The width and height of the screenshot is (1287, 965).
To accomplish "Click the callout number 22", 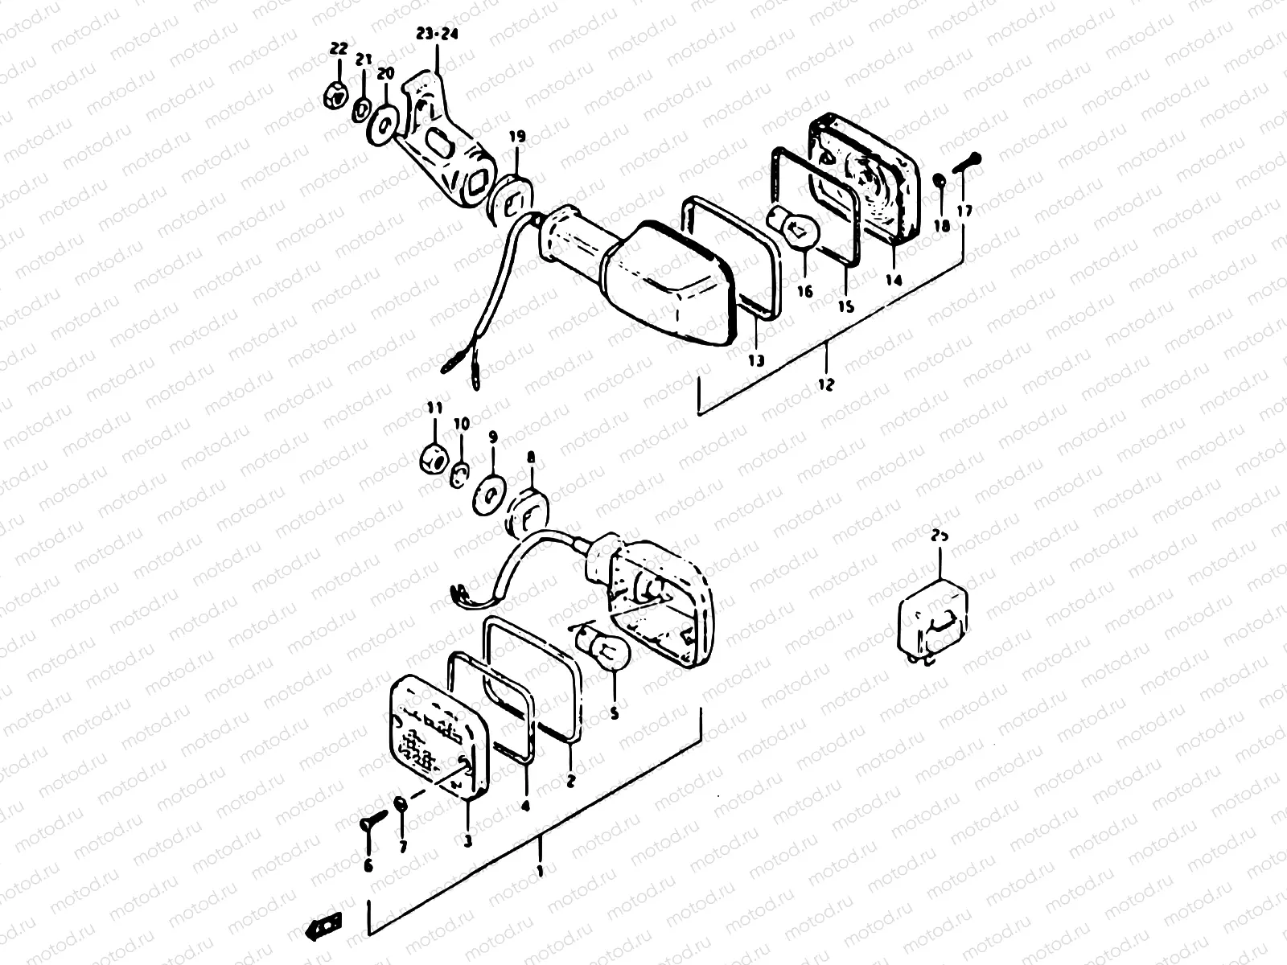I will click(338, 50).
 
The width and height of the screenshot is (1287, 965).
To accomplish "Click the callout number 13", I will click(755, 360).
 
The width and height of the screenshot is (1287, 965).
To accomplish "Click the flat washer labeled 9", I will click(487, 490).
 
